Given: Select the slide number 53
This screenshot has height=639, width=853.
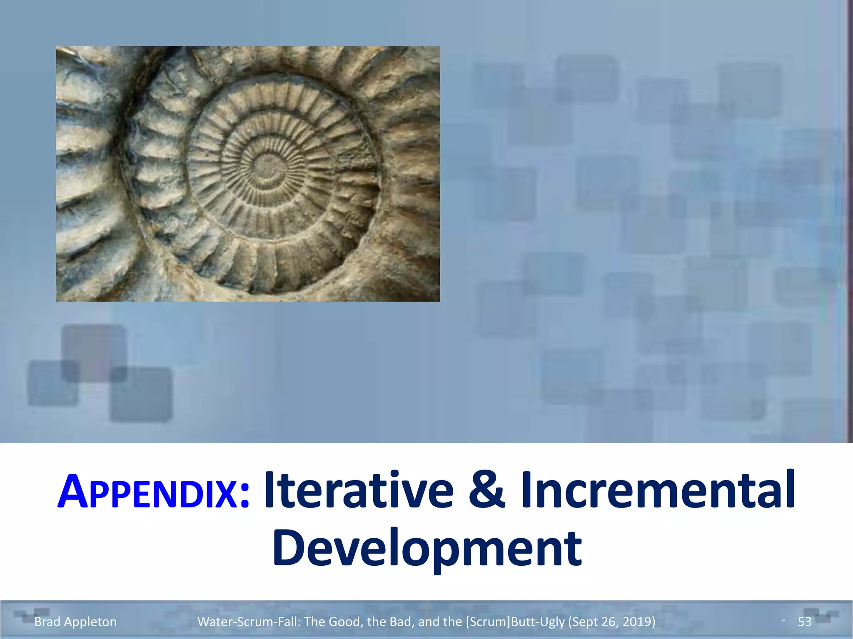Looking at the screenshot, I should pyautogui.click(x=804, y=622).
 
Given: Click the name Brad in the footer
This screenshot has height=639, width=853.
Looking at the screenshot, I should pyautogui.click(x=47, y=622).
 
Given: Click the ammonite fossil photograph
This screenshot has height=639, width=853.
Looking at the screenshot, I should pyautogui.click(x=248, y=174).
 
